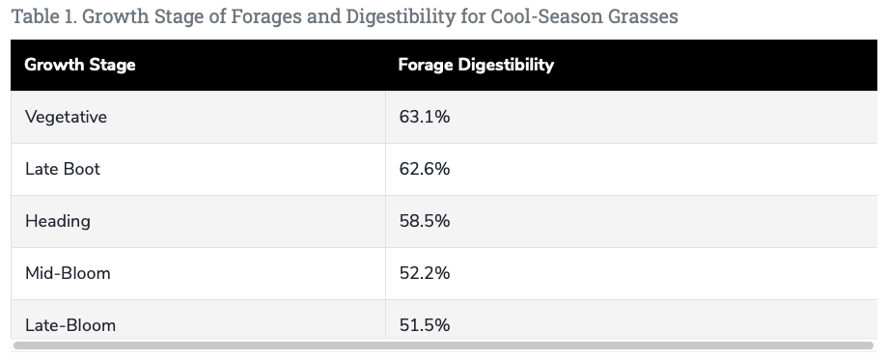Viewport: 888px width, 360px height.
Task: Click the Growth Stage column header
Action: [79, 66]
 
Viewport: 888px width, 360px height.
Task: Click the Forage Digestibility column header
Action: [476, 66]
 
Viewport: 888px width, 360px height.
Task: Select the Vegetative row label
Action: [66, 117]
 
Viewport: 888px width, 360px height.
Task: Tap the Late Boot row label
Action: [63, 169]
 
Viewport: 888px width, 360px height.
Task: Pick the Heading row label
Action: [58, 221]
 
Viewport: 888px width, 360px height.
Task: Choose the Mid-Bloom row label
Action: [68, 273]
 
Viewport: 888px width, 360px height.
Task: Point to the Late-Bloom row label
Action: [70, 325]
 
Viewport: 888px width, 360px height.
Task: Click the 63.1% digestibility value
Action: [424, 117]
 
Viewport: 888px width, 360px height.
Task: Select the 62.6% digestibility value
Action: [424, 169]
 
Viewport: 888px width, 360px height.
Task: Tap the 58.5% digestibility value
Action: [424, 221]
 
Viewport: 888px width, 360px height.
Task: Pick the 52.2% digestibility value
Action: [424, 273]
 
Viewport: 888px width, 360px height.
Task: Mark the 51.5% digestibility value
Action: [424, 325]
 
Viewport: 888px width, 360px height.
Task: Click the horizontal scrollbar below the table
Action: [444, 345]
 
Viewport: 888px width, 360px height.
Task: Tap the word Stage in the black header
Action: [114, 66]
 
